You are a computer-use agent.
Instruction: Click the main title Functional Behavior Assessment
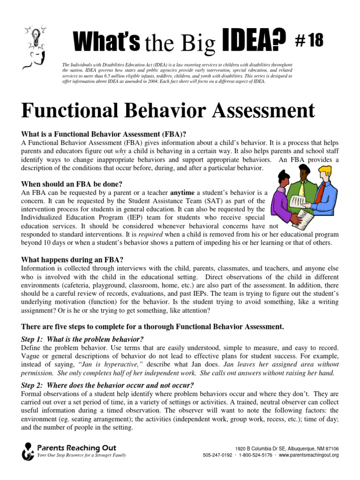167,111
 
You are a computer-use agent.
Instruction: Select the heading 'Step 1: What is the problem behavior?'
82,339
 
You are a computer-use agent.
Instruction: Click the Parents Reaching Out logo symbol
28,451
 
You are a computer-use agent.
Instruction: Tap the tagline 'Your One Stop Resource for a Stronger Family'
82,455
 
